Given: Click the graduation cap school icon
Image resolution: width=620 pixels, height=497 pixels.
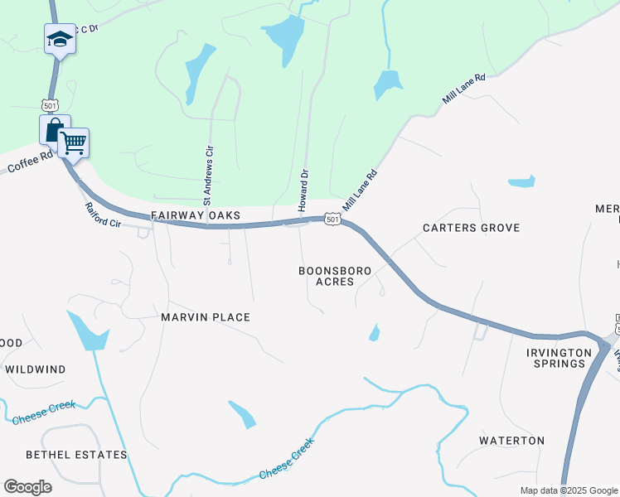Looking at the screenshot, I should (60, 39).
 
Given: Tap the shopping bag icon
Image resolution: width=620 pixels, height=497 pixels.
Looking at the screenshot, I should (54, 129).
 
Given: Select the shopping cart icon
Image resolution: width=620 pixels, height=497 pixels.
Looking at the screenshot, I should (73, 143).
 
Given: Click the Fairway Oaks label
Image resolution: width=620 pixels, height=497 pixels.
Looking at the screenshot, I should (196, 215).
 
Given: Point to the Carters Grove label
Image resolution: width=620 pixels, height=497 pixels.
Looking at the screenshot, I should (471, 228).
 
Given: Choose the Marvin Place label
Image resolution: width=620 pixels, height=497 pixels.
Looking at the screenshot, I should (206, 317).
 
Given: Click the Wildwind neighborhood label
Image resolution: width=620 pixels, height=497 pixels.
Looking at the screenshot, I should (35, 369).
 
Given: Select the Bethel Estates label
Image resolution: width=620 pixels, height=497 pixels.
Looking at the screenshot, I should (76, 455).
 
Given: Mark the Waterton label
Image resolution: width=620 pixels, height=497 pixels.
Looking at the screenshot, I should (512, 441).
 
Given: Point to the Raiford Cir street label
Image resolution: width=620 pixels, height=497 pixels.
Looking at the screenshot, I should (103, 214).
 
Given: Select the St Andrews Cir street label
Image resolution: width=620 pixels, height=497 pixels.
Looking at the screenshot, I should (209, 175).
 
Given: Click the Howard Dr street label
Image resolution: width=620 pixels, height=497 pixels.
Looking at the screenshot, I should (303, 190).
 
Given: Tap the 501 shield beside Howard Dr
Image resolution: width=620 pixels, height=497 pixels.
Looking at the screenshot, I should (332, 219).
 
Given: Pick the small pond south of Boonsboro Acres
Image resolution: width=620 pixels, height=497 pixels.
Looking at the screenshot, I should (374, 334).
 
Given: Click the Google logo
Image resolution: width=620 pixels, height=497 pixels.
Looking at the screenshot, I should (27, 487).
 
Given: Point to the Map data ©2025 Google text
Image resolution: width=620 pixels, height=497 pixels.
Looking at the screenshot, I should (568, 490).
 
